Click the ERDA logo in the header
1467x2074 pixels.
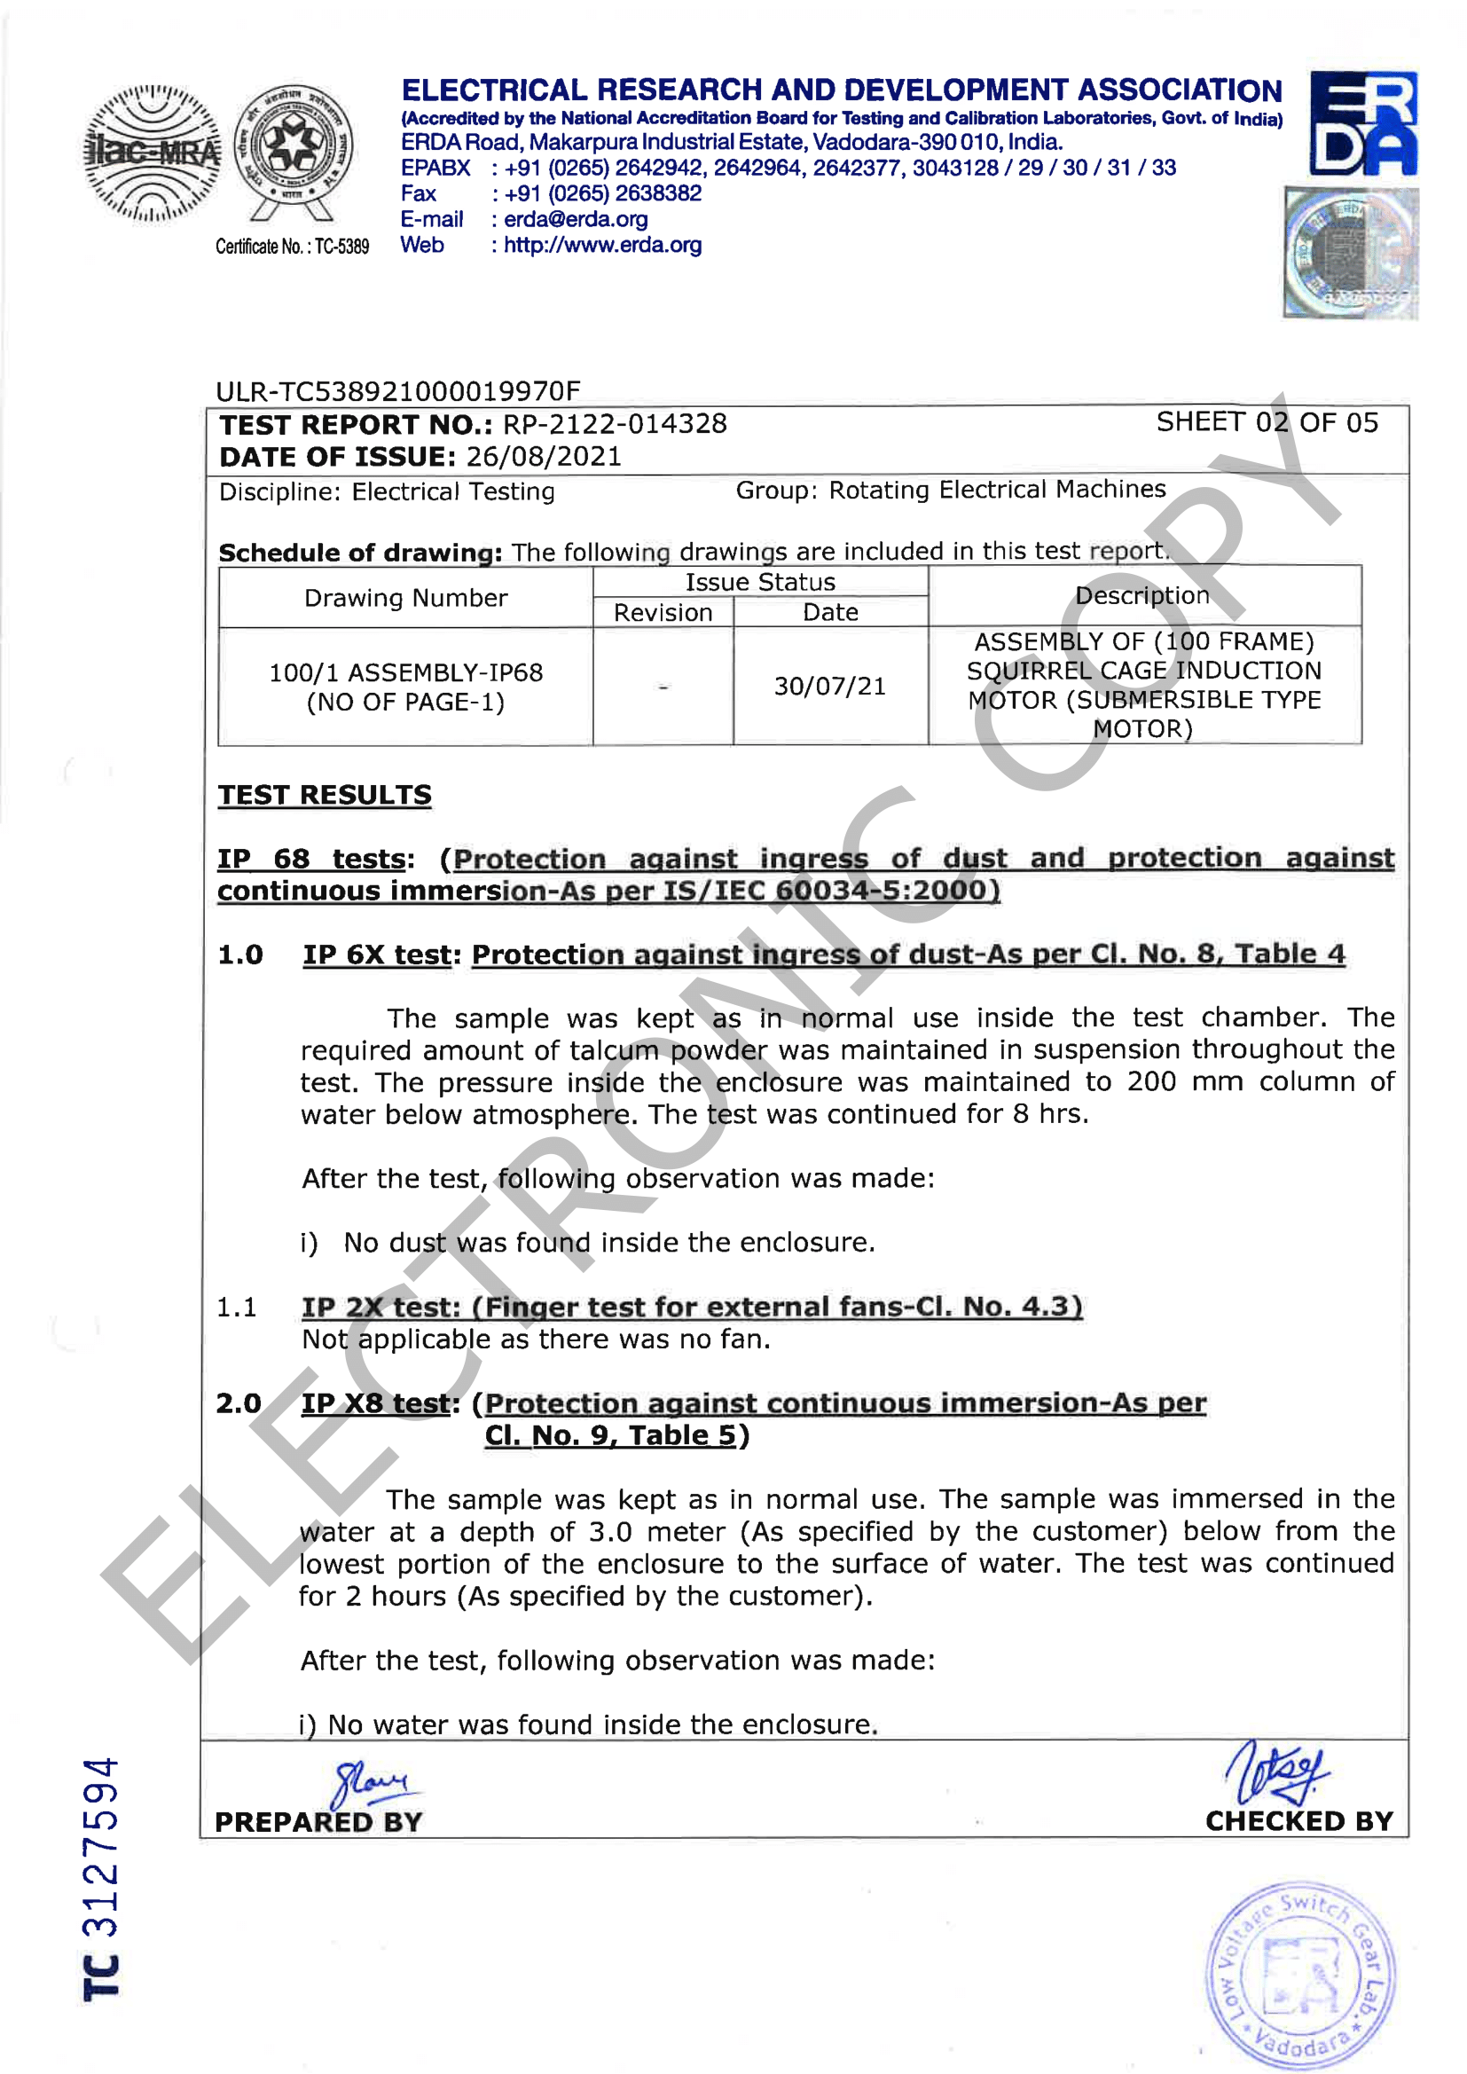click(x=1362, y=124)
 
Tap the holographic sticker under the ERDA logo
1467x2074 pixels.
click(x=1350, y=253)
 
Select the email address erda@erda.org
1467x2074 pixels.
click(x=576, y=219)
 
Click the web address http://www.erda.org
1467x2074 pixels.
click(x=602, y=246)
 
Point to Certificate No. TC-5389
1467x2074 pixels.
click(x=292, y=247)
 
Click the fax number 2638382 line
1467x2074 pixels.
click(x=597, y=193)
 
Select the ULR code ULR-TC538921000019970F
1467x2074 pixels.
click(x=397, y=391)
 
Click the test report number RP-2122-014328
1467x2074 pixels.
click(x=615, y=424)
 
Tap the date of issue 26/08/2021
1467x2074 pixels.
click(x=544, y=456)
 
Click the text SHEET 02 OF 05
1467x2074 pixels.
click(x=1267, y=423)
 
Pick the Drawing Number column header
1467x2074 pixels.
click(x=405, y=598)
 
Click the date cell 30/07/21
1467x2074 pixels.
click(x=829, y=687)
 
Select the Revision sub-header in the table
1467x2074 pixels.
click(x=663, y=612)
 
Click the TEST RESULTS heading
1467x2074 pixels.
click(x=325, y=795)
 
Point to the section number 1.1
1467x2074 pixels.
click(x=237, y=1307)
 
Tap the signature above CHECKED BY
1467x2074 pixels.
click(x=1276, y=1772)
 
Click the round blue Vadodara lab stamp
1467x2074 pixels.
click(x=1300, y=1974)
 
